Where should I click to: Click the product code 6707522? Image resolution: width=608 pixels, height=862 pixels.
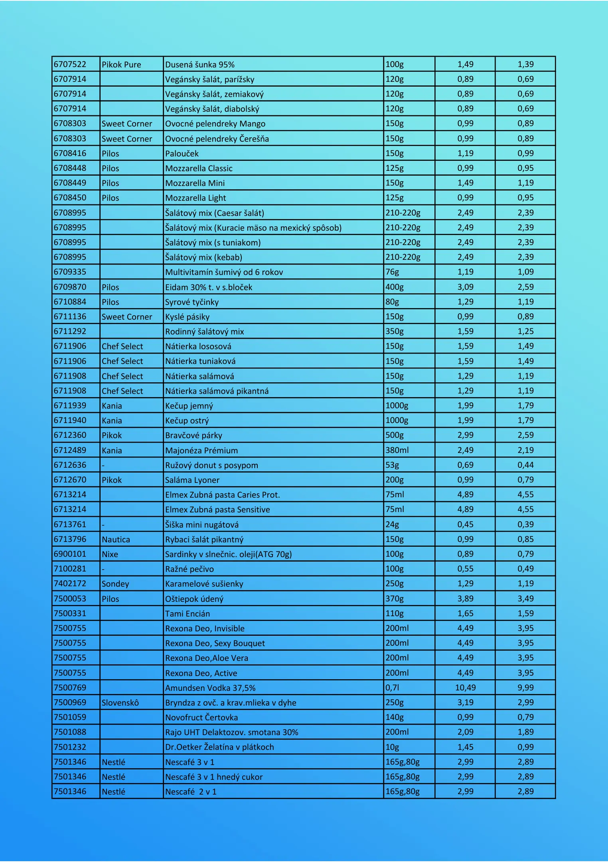(x=70, y=64)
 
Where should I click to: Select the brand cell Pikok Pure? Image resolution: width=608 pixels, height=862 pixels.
(x=121, y=65)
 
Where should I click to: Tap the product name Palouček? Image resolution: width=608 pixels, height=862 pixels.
(x=182, y=154)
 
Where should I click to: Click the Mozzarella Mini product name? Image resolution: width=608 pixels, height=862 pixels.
(x=195, y=183)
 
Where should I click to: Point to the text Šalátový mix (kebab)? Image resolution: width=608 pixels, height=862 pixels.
(x=204, y=257)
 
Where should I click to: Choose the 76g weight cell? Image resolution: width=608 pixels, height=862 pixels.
(x=392, y=272)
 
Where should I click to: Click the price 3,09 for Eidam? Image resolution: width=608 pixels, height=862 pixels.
(x=465, y=287)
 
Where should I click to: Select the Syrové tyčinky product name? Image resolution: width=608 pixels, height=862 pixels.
(x=192, y=302)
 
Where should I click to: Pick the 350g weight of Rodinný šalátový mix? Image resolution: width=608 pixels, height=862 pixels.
(x=395, y=331)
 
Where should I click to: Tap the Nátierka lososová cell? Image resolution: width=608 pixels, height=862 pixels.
(x=198, y=346)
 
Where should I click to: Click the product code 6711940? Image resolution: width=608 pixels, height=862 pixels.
(x=70, y=420)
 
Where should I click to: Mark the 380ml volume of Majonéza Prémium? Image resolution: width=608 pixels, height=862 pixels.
(x=397, y=450)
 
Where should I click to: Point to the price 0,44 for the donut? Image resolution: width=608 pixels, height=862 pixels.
(x=525, y=465)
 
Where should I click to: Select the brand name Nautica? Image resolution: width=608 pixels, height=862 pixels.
(x=116, y=540)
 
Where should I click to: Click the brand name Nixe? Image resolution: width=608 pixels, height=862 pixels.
(x=110, y=554)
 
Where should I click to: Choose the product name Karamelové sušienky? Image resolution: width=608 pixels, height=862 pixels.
(x=204, y=584)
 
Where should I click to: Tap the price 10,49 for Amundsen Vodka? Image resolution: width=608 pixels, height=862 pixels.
(x=465, y=688)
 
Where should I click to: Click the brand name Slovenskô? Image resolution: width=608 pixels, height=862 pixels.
(x=120, y=703)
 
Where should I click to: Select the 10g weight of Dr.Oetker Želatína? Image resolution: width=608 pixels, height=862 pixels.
(x=392, y=747)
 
